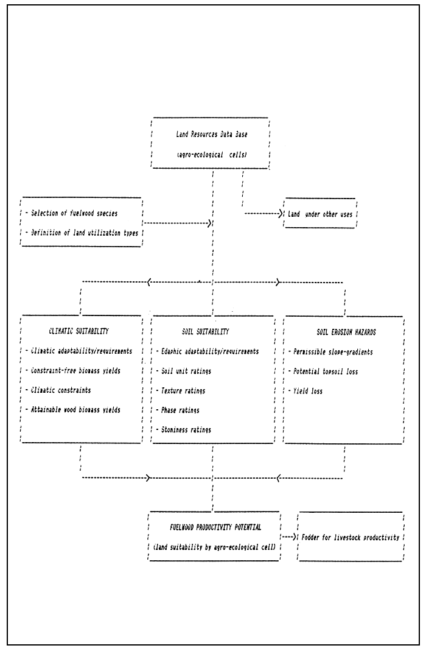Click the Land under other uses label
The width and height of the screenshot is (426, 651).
pyautogui.click(x=321, y=215)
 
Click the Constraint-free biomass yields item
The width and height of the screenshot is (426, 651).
pyautogui.click(x=79, y=371)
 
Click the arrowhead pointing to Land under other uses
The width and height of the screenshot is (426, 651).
pyautogui.click(x=281, y=214)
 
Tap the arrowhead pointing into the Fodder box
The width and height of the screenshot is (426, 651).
pyautogui.click(x=294, y=538)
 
